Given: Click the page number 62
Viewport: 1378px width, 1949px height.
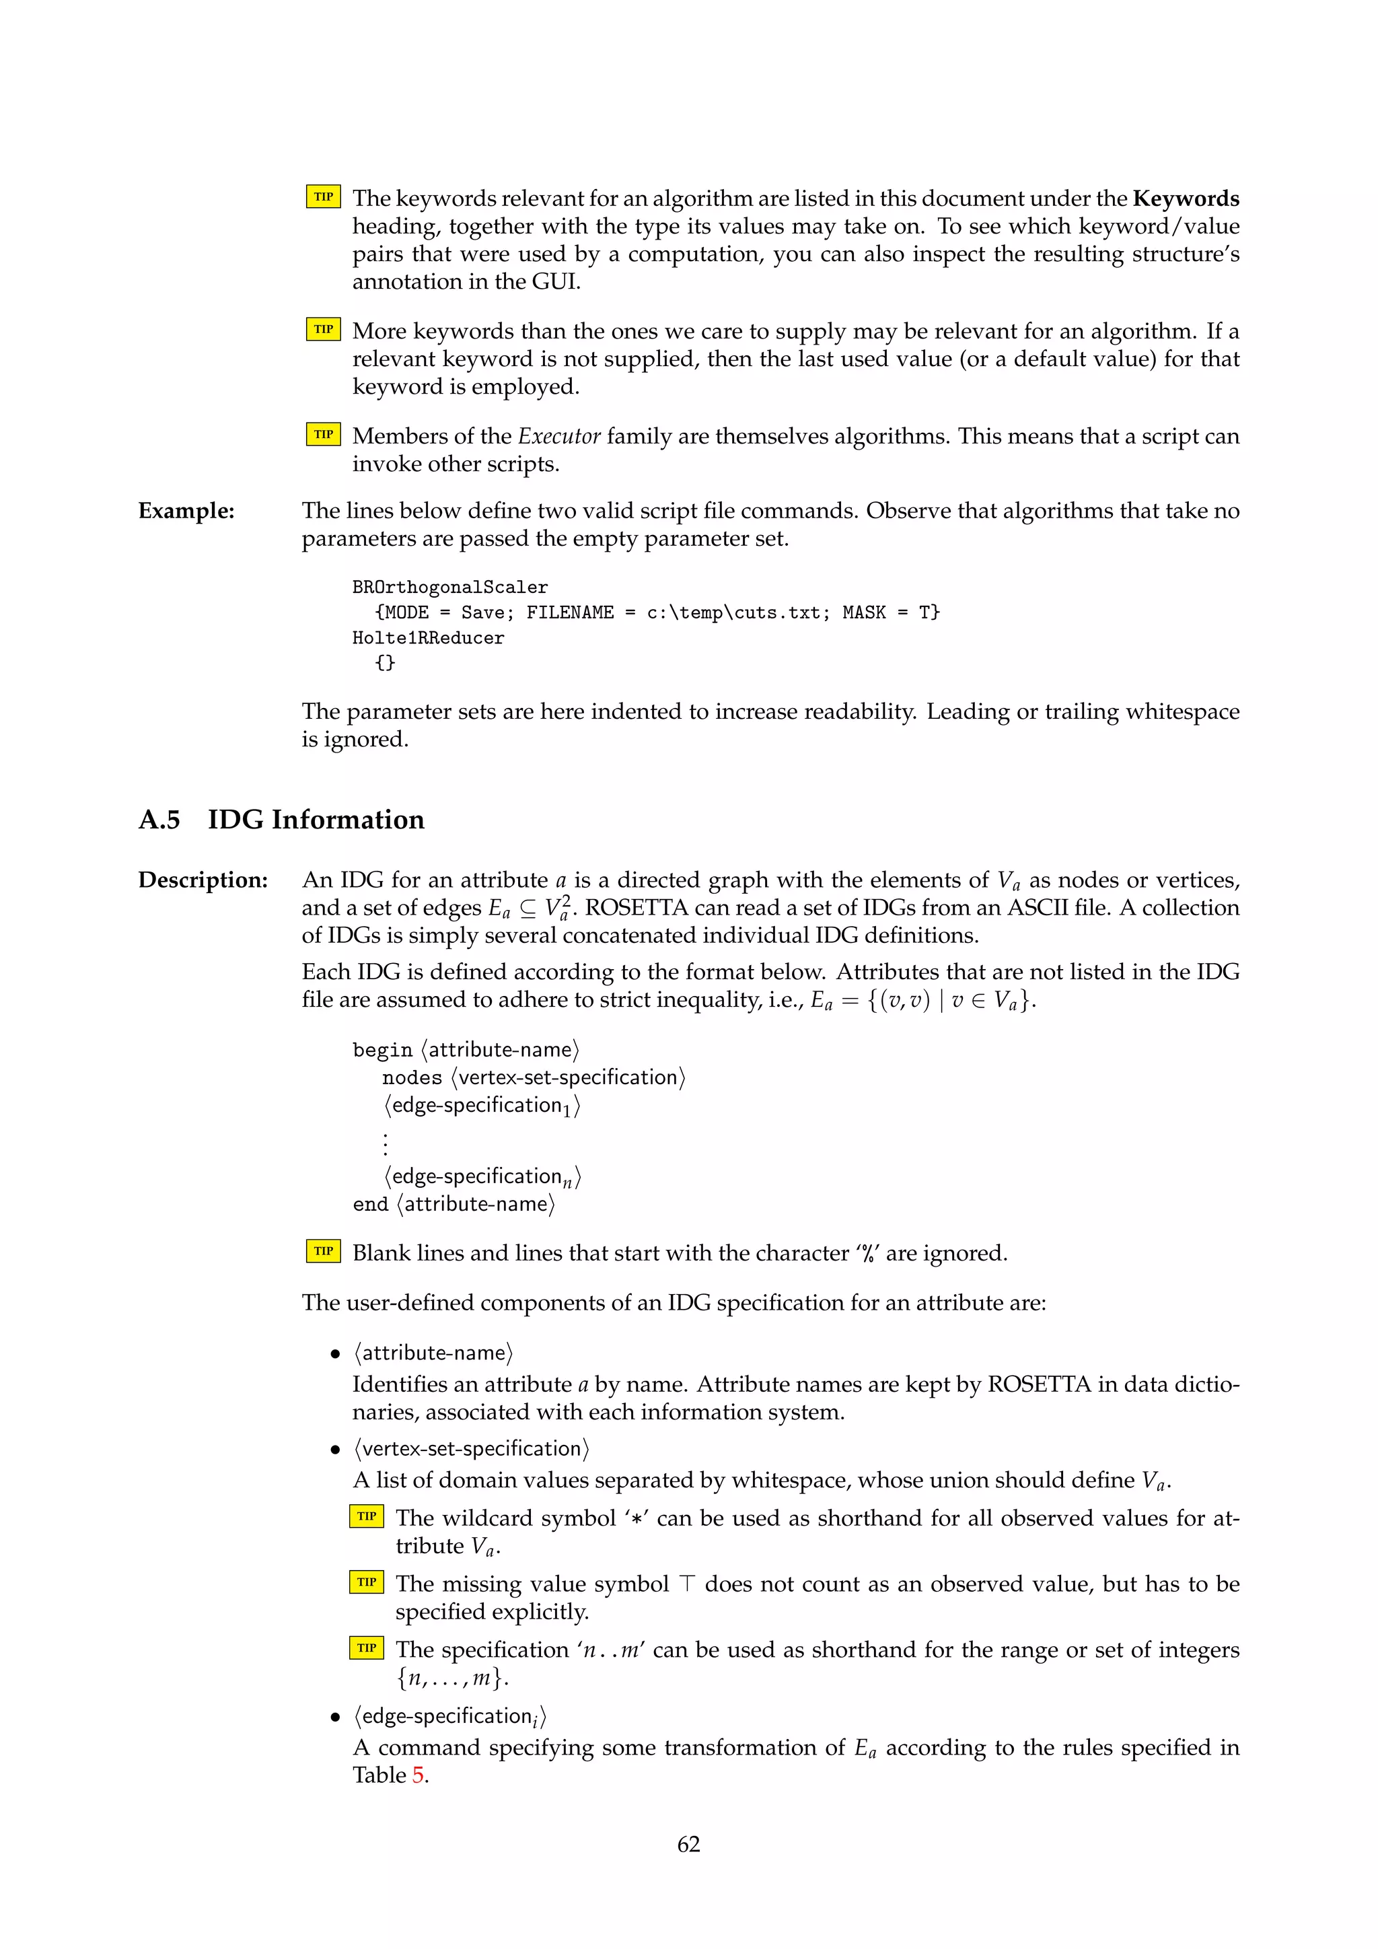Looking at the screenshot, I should (688, 1844).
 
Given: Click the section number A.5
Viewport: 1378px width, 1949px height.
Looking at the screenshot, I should (159, 820).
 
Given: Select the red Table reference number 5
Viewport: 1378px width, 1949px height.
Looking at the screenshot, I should (419, 1775).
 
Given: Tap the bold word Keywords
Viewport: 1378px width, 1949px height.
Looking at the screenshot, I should (1186, 199).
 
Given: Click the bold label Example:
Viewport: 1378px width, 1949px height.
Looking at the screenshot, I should (186, 511).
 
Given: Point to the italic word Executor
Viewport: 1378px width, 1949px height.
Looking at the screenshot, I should (559, 436).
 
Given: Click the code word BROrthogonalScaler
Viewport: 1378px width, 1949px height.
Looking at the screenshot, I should (449, 588).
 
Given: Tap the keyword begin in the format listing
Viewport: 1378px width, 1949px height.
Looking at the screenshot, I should (382, 1051).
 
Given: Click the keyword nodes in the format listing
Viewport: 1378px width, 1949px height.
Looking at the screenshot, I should (412, 1078).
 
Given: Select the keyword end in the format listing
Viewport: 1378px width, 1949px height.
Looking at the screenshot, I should (370, 1205).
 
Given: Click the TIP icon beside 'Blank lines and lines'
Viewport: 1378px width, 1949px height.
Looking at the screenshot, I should (323, 1251).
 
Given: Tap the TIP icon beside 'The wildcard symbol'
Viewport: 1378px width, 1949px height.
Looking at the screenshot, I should (367, 1516).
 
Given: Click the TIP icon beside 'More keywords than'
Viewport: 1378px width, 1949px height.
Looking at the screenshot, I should (323, 329).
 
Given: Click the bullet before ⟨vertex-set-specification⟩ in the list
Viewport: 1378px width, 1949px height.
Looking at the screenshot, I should (336, 1450).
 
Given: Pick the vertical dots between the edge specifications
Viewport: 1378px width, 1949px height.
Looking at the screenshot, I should (386, 1143).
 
